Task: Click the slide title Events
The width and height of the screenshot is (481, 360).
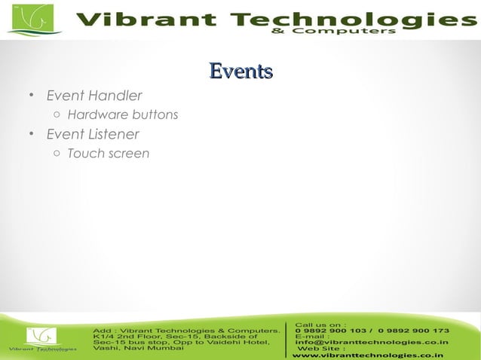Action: click(x=240, y=72)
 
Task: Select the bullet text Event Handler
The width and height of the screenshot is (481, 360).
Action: click(x=93, y=96)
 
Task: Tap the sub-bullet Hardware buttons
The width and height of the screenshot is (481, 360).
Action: click(x=122, y=115)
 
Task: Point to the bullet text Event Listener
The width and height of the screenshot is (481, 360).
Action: click(x=92, y=134)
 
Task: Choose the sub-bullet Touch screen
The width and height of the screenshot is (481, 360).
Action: click(x=108, y=154)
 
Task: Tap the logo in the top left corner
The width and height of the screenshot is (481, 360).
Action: click(x=30, y=19)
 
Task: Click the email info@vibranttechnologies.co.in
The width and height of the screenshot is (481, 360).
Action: click(x=372, y=343)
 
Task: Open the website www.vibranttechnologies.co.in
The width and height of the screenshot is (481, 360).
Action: click(x=367, y=355)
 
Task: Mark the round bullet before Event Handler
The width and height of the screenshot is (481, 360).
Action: click(x=31, y=96)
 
